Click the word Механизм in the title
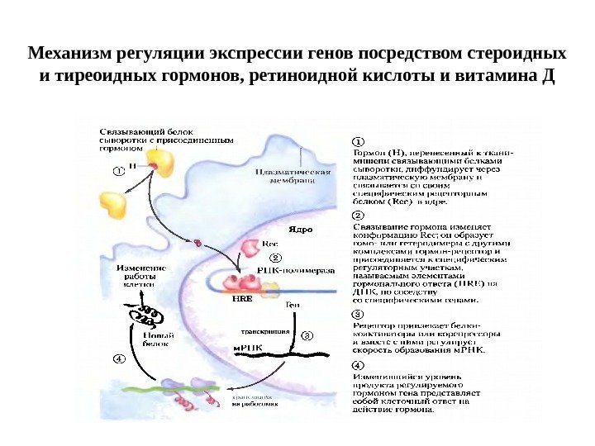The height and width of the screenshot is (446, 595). pyautogui.click(x=65, y=55)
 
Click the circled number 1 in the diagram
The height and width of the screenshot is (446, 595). pyautogui.click(x=118, y=171)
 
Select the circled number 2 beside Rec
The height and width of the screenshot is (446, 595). pyautogui.click(x=276, y=258)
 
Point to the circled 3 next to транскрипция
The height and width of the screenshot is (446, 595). pyautogui.click(x=307, y=336)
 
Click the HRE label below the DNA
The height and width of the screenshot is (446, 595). pyautogui.click(x=241, y=302)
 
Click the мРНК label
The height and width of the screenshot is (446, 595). pyautogui.click(x=248, y=348)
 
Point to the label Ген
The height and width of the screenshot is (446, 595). pyautogui.click(x=292, y=306)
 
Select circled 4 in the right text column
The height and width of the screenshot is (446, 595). pyautogui.click(x=359, y=364)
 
